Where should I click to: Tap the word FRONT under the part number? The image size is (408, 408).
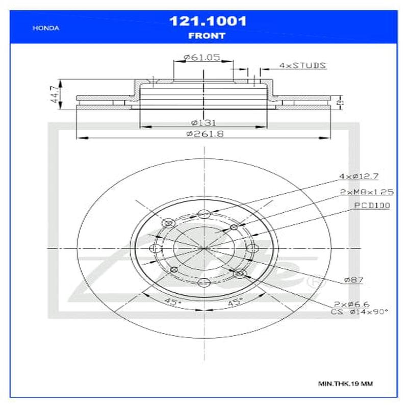(207, 36)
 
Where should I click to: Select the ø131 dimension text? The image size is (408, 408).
(203, 122)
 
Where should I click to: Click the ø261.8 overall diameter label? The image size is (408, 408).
(205, 134)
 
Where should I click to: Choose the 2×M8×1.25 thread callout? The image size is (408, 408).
(367, 192)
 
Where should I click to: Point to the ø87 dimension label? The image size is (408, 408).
(353, 279)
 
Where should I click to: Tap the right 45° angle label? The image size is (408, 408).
(234, 302)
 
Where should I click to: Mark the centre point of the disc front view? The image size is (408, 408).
(204, 248)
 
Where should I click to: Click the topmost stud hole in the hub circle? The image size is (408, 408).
(204, 214)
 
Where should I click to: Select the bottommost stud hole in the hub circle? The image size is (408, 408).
(204, 282)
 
